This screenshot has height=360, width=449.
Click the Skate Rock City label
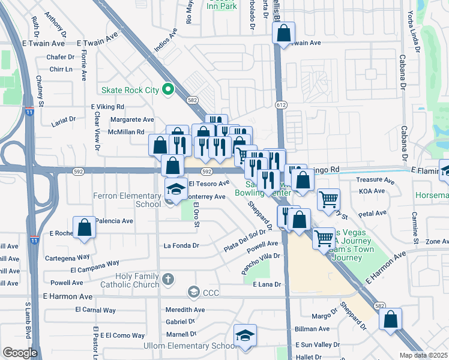[130, 90]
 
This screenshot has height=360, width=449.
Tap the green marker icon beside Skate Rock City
[168, 90]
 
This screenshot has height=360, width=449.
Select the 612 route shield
[280, 104]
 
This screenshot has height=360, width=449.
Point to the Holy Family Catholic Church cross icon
[168, 279]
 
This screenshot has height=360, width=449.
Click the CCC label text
[211, 292]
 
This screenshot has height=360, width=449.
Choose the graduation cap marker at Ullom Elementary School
[245, 335]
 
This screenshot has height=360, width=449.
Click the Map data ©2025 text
[424, 355]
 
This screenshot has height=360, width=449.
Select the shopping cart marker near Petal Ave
[328, 199]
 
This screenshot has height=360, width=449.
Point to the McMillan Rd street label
[118, 131]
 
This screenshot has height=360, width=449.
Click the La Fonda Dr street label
[181, 245]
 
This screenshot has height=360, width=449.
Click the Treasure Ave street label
[374, 180]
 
